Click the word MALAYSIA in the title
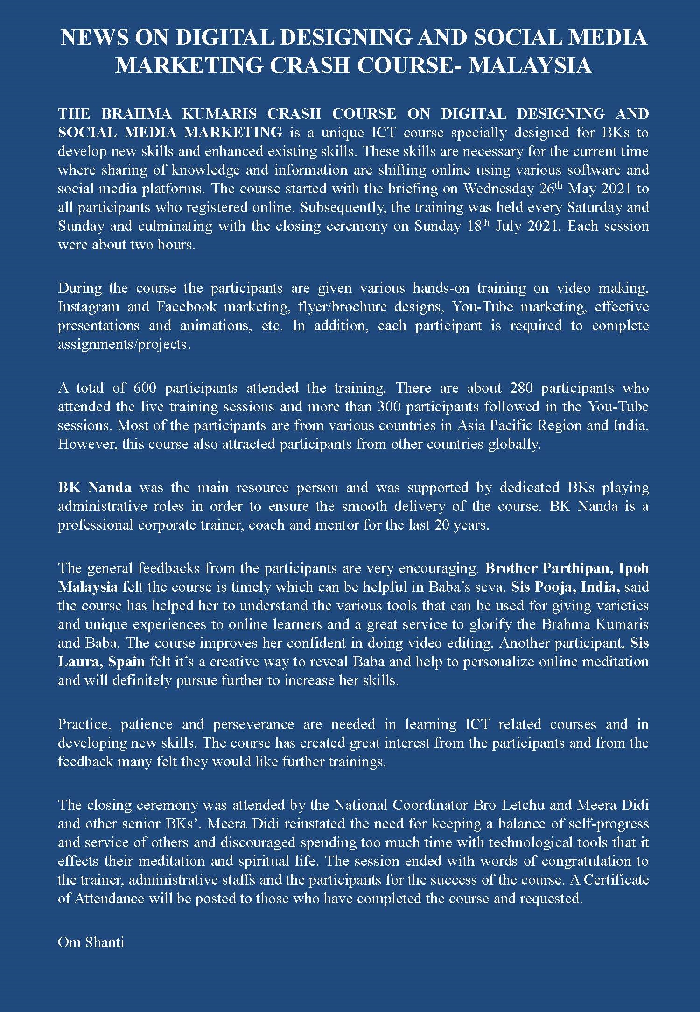point(530,65)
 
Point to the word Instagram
point(87,307)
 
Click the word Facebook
point(187,307)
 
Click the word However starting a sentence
point(87,444)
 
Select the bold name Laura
point(79,662)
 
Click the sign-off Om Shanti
point(91,942)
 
